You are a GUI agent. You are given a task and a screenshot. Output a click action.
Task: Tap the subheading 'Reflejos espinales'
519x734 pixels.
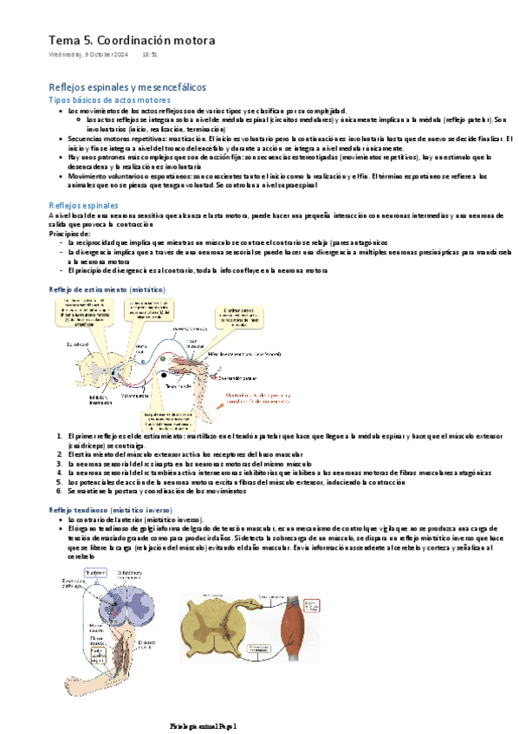tap(83, 204)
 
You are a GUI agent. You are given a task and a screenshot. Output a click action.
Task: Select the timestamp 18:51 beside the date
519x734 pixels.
tap(149, 56)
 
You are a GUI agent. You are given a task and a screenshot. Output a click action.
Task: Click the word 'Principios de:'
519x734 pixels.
tap(69, 234)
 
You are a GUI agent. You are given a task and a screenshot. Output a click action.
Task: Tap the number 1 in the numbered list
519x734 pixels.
tap(59, 436)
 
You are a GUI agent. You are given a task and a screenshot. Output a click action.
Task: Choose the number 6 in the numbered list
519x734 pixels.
tap(59, 492)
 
